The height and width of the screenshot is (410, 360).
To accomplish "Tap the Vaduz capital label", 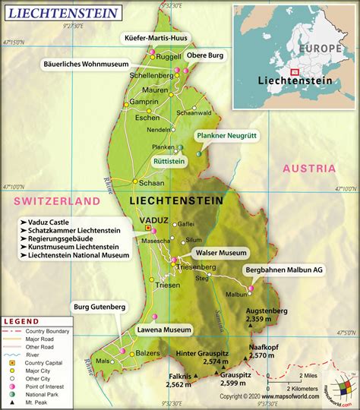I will (154, 219).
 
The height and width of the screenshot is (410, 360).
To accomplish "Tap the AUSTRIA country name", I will (308, 169).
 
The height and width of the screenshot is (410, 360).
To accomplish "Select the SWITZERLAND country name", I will (55, 200).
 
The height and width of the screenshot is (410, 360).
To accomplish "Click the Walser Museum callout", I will (221, 252).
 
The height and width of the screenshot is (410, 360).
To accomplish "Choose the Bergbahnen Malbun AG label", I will (285, 270).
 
